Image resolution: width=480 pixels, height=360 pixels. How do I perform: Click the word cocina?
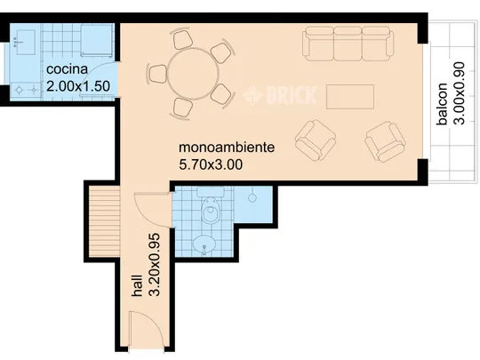click(x=67, y=69)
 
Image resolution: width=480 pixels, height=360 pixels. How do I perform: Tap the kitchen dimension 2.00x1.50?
click(x=78, y=86)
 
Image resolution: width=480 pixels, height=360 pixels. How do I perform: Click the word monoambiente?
click(x=227, y=148)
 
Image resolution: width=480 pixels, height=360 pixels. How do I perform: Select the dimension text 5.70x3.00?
click(x=211, y=164)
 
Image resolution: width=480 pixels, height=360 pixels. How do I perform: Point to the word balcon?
click(x=443, y=104)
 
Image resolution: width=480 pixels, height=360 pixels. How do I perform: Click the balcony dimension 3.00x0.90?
click(x=459, y=93)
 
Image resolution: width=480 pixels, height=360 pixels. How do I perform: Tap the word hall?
click(x=137, y=285)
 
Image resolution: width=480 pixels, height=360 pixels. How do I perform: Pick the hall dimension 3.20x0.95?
click(x=154, y=265)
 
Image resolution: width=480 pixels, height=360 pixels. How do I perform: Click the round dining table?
click(x=194, y=74)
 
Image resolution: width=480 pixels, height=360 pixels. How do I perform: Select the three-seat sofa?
click(x=348, y=44)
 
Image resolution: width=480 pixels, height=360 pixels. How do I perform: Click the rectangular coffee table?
click(x=350, y=97)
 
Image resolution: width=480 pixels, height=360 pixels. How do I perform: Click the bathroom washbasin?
click(x=204, y=244)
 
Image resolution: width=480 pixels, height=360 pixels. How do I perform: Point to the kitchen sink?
click(x=25, y=43)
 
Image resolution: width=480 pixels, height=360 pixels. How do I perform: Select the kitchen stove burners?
click(x=26, y=91)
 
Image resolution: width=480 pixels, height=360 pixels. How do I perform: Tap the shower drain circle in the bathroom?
click(x=252, y=198)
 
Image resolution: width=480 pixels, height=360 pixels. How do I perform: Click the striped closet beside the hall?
click(x=104, y=221)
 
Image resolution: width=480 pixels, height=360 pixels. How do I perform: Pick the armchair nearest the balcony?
click(x=386, y=141)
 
